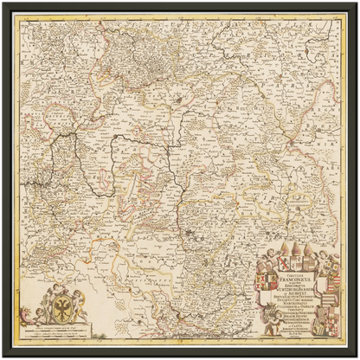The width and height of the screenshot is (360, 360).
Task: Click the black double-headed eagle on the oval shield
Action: pyautogui.click(x=62, y=309)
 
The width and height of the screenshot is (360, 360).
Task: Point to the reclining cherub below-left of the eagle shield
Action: pyautogui.click(x=41, y=315)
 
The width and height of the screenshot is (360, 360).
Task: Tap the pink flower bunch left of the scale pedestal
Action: pyautogui.click(x=25, y=312)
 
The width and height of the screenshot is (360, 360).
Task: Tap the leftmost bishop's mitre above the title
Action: pyautogui.click(x=284, y=248)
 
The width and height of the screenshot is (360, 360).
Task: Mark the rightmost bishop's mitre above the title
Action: pyautogui.click(x=307, y=249)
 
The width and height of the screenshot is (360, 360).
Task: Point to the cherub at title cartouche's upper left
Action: pyautogui.click(x=270, y=254)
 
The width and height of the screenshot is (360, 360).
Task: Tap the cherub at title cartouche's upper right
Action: pyautogui.click(x=324, y=255)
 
